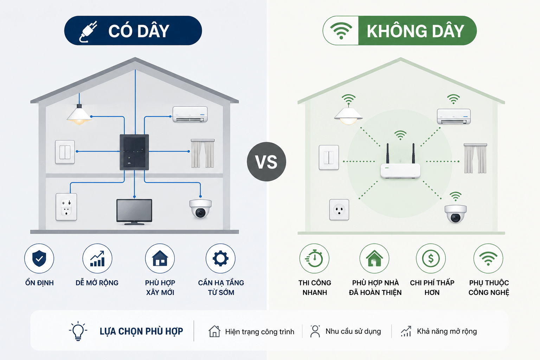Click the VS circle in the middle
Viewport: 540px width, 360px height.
(266, 162)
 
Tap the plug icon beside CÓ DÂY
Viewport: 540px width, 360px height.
(88, 31)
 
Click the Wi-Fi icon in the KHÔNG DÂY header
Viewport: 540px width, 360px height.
(341, 31)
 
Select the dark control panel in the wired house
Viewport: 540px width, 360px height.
(134, 152)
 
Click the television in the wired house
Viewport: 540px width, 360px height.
(134, 212)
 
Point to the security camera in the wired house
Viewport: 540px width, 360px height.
(200, 208)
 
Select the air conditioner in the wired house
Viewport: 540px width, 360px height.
(190, 114)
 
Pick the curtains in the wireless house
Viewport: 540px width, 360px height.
(475, 159)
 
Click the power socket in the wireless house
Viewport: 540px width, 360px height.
(339, 210)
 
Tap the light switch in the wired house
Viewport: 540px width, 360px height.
(65, 152)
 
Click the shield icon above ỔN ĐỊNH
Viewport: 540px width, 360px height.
(39, 258)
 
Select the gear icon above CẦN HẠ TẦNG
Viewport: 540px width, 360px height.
(220, 258)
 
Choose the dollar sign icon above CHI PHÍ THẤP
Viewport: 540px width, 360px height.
(431, 258)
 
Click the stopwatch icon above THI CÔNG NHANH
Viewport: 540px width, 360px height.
(314, 258)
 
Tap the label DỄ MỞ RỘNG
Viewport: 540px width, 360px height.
(97, 283)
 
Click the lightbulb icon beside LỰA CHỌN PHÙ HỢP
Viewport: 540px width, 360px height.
(78, 331)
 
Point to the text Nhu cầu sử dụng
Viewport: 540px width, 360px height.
(353, 331)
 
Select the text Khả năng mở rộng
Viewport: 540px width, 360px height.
(447, 332)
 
